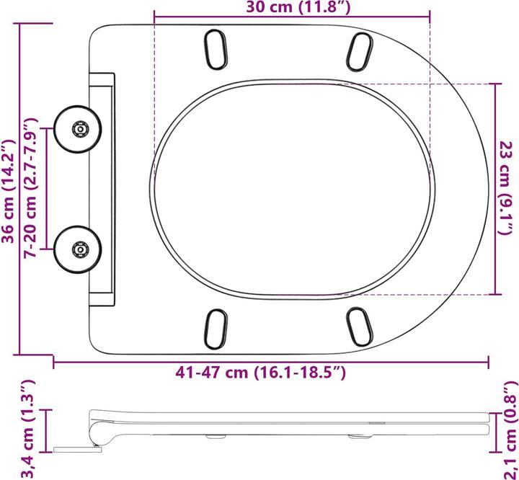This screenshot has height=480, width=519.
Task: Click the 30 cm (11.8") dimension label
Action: [x=291, y=9]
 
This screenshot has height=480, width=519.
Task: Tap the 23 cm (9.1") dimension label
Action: [x=507, y=188]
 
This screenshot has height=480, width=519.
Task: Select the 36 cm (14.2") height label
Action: [x=9, y=189]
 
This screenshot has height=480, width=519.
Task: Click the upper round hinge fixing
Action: [x=79, y=130]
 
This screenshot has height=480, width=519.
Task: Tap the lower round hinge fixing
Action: [x=79, y=250]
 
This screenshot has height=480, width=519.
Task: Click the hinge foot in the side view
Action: [x=76, y=450]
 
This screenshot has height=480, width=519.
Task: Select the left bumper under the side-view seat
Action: [x=213, y=436]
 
